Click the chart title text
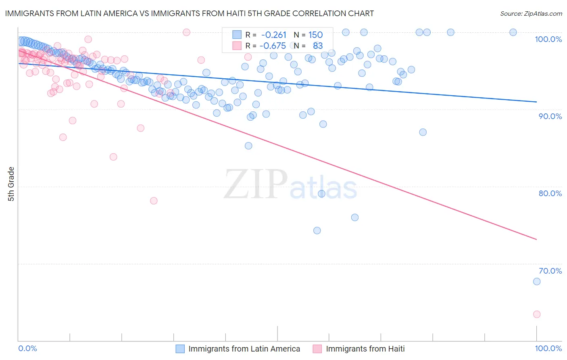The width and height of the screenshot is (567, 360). (189, 13)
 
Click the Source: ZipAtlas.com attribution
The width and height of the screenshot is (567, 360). (531, 13)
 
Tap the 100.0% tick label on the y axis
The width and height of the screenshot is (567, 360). (548, 39)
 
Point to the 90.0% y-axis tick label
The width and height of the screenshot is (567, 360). (550, 116)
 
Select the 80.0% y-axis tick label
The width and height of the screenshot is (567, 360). (550, 193)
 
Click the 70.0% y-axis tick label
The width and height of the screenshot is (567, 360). (550, 271)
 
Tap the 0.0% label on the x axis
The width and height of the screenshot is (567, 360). (28, 348)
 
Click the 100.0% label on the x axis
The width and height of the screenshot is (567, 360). (548, 348)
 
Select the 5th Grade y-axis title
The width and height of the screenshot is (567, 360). (11, 184)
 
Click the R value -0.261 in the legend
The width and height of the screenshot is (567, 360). (274, 35)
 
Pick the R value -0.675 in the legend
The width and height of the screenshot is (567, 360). (272, 46)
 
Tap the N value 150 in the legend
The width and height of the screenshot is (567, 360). (315, 35)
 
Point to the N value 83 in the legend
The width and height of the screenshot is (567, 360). (318, 46)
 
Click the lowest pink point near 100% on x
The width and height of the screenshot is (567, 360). (536, 314)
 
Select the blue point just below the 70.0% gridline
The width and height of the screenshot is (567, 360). (536, 282)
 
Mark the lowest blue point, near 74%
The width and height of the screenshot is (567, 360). (317, 230)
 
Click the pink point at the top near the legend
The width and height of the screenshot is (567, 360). (186, 32)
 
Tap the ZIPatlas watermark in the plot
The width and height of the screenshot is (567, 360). (290, 184)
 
